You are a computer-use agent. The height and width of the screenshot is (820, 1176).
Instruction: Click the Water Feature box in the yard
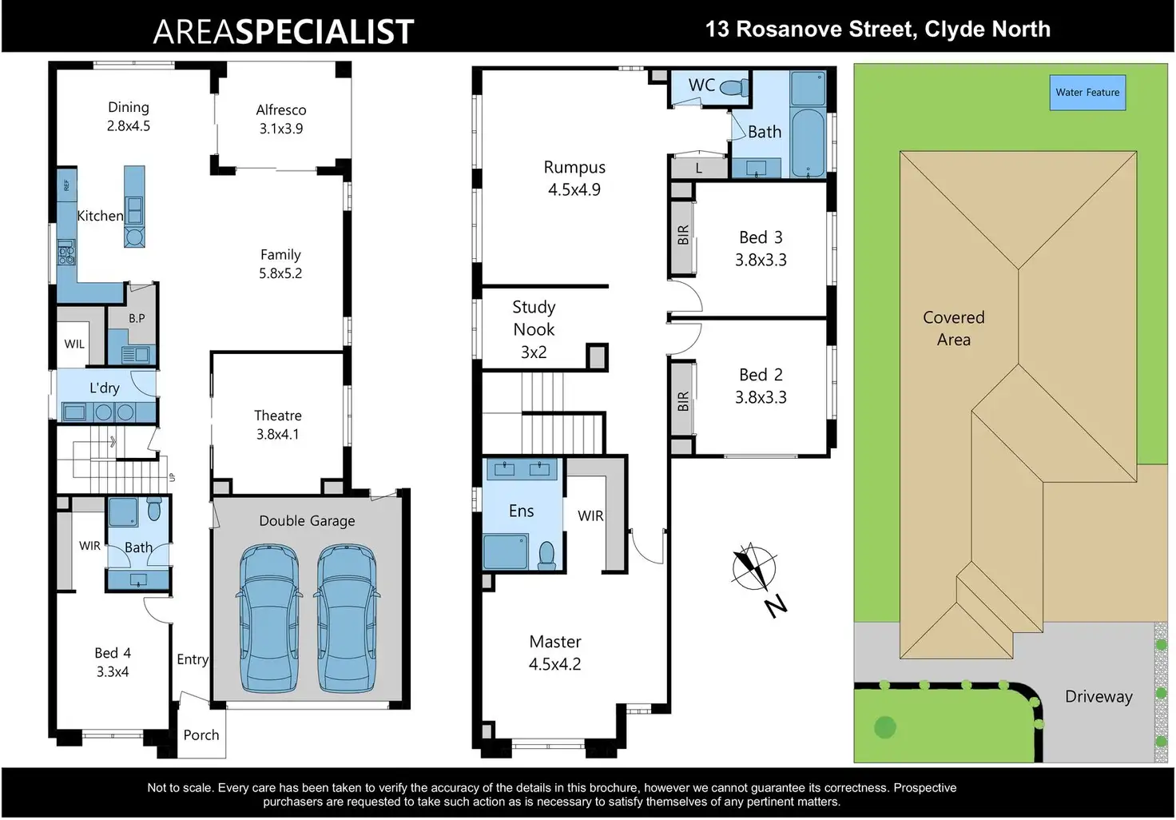coord(1087,93)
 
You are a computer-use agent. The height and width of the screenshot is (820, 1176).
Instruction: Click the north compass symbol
coord(754,568)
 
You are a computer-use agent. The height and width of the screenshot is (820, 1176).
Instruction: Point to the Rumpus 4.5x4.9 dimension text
coord(574,189)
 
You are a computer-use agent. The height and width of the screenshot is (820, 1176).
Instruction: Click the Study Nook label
coord(534,318)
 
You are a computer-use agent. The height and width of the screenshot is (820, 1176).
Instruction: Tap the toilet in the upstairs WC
coord(733,87)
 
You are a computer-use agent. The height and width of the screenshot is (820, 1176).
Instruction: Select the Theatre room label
coord(278,416)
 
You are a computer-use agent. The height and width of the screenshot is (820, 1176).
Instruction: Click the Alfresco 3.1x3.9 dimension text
coord(281,129)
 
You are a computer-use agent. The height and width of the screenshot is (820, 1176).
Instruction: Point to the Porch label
coord(201,735)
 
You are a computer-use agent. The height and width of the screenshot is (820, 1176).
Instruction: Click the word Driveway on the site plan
coord(1099,696)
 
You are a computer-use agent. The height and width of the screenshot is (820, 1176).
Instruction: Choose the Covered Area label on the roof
coord(954,328)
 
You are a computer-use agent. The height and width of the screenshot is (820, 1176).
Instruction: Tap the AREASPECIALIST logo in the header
coord(284,31)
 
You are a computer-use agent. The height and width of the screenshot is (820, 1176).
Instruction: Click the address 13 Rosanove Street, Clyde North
coord(877,30)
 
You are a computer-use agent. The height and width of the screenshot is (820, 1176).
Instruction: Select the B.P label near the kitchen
coord(137,318)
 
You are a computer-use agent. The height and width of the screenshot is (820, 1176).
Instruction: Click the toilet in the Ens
coord(547,553)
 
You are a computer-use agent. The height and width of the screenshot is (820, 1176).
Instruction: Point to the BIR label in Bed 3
coord(683,235)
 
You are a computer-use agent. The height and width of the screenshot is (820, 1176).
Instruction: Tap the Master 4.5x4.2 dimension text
coord(555,664)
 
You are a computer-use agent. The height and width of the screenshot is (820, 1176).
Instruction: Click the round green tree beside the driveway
coord(885,727)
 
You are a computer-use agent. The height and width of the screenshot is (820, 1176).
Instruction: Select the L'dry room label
coord(105,388)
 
